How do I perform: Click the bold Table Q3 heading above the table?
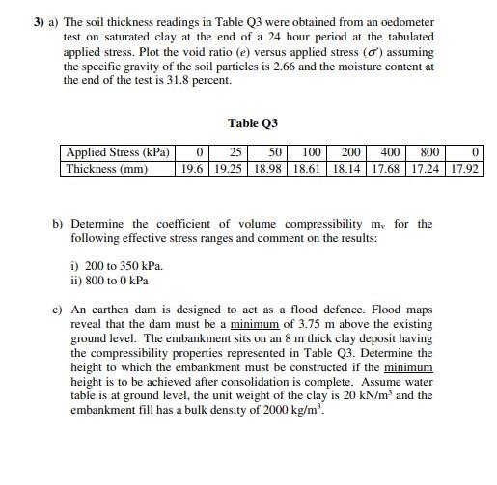point(253,123)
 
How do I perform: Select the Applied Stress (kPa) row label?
point(118,153)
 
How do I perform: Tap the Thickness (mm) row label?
point(106,169)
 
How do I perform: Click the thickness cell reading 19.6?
point(193,169)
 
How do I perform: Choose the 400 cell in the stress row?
point(391,153)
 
